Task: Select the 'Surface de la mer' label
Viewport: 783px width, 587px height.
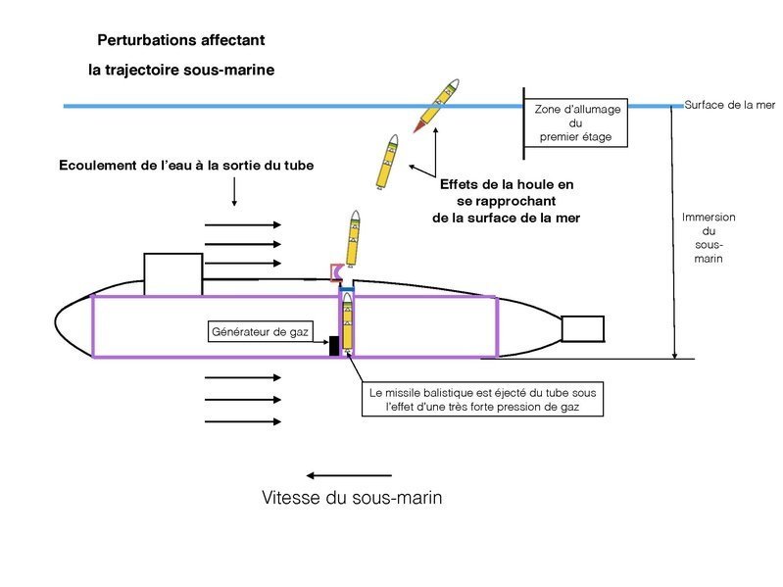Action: [x=730, y=105]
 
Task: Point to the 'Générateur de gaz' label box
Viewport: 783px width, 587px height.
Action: [x=260, y=332]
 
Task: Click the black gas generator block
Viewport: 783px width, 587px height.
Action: [x=334, y=345]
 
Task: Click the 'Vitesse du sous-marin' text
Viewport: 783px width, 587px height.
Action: [x=352, y=498]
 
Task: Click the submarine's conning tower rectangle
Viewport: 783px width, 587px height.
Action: [x=172, y=272]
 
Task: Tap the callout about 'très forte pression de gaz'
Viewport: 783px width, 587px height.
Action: [x=482, y=399]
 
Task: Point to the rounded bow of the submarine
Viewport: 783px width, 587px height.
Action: [x=71, y=325]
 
